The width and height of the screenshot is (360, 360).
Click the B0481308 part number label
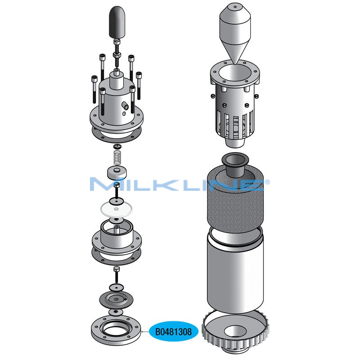[174, 332]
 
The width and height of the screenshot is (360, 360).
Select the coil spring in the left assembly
[117, 157]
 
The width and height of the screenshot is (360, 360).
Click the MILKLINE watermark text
[180, 184]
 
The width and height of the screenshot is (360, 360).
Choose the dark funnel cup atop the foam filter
[235, 164]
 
